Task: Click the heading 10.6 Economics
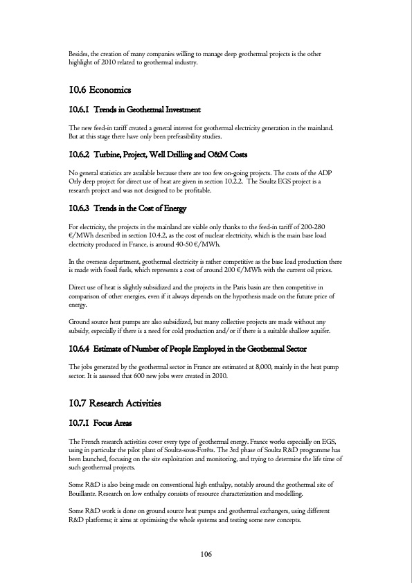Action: (100, 90)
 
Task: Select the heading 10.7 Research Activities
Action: (115, 403)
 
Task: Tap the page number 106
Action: (206, 554)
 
